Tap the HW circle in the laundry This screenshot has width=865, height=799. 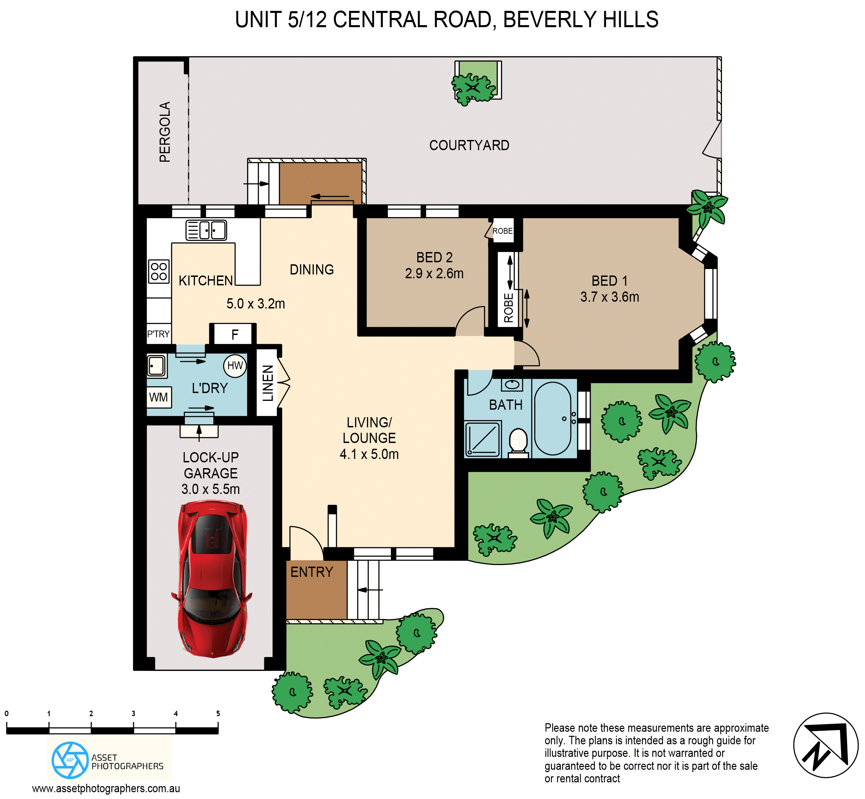235,366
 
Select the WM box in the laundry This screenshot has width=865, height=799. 159,397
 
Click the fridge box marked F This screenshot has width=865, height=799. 235,335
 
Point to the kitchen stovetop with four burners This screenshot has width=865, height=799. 159,271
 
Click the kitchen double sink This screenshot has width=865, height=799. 206,230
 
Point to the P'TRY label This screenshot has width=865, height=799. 158,334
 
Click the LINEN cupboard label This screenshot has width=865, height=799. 268,383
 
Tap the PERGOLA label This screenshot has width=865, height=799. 165,132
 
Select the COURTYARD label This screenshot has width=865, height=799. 469,145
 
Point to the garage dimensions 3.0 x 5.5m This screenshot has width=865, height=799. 211,489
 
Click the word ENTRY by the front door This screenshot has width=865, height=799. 312,572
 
